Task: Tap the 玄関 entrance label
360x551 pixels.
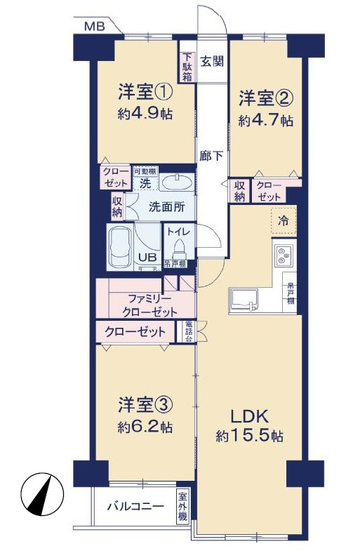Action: pos(213,61)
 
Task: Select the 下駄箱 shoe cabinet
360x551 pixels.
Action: pos(187,67)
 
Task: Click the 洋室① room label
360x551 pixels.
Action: pos(145,92)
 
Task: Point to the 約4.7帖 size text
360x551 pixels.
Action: pos(265,120)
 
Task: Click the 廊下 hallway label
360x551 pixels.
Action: pos(213,157)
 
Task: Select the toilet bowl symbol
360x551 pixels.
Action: pos(178,249)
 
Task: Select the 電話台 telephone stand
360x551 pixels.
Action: pos(189,331)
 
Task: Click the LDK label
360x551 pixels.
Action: pos(248,413)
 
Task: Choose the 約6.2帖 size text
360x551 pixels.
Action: pos(145,426)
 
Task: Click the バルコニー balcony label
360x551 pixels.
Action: pos(135,506)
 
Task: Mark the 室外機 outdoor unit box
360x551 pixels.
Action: pos(182,505)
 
